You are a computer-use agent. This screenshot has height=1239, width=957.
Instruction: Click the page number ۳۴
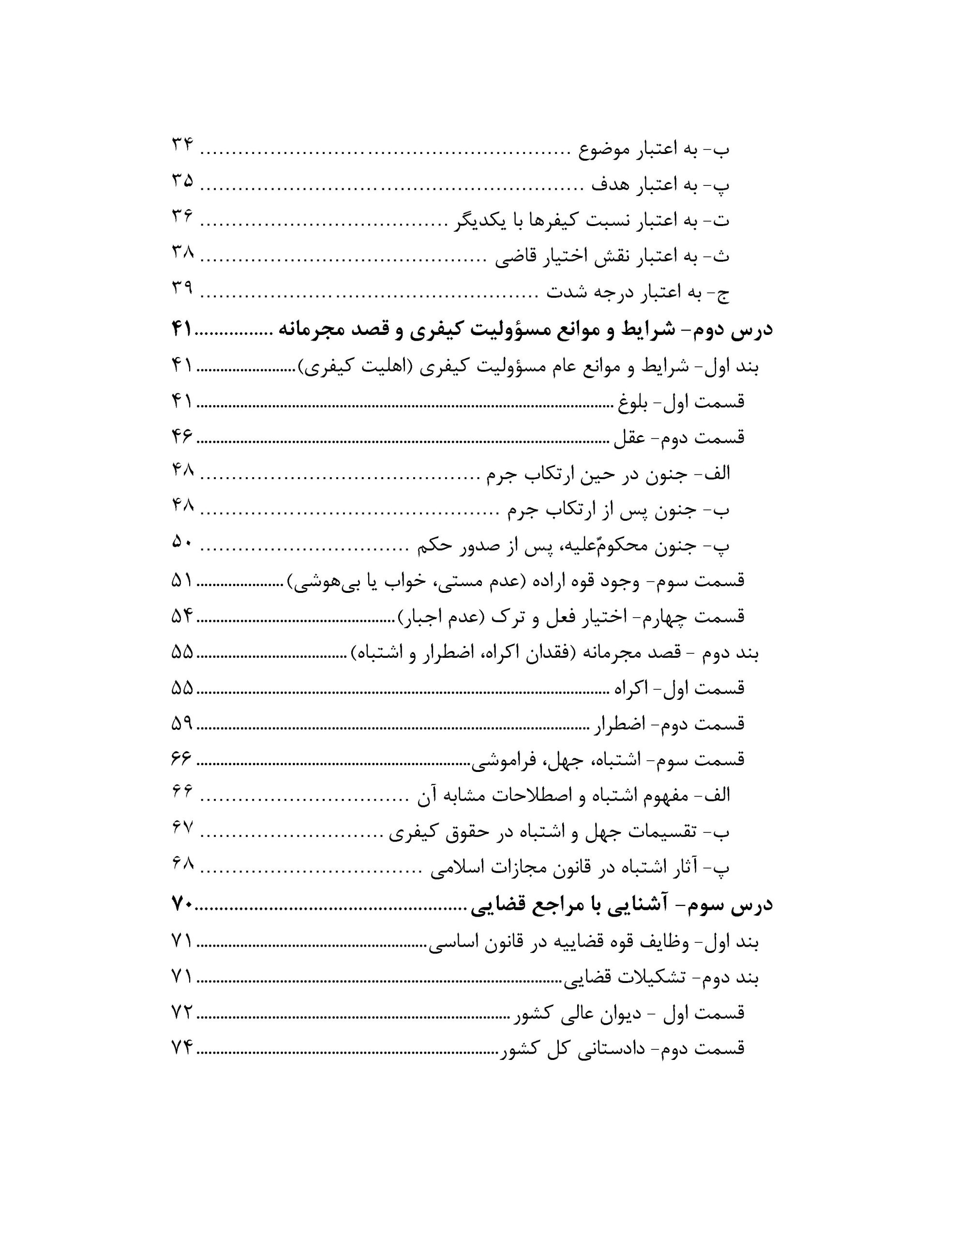182,146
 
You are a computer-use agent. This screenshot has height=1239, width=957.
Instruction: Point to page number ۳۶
182,217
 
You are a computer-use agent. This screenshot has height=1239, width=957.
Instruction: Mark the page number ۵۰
182,544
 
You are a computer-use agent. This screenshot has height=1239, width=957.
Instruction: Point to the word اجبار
425,617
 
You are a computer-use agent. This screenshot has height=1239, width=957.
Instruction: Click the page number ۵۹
182,724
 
